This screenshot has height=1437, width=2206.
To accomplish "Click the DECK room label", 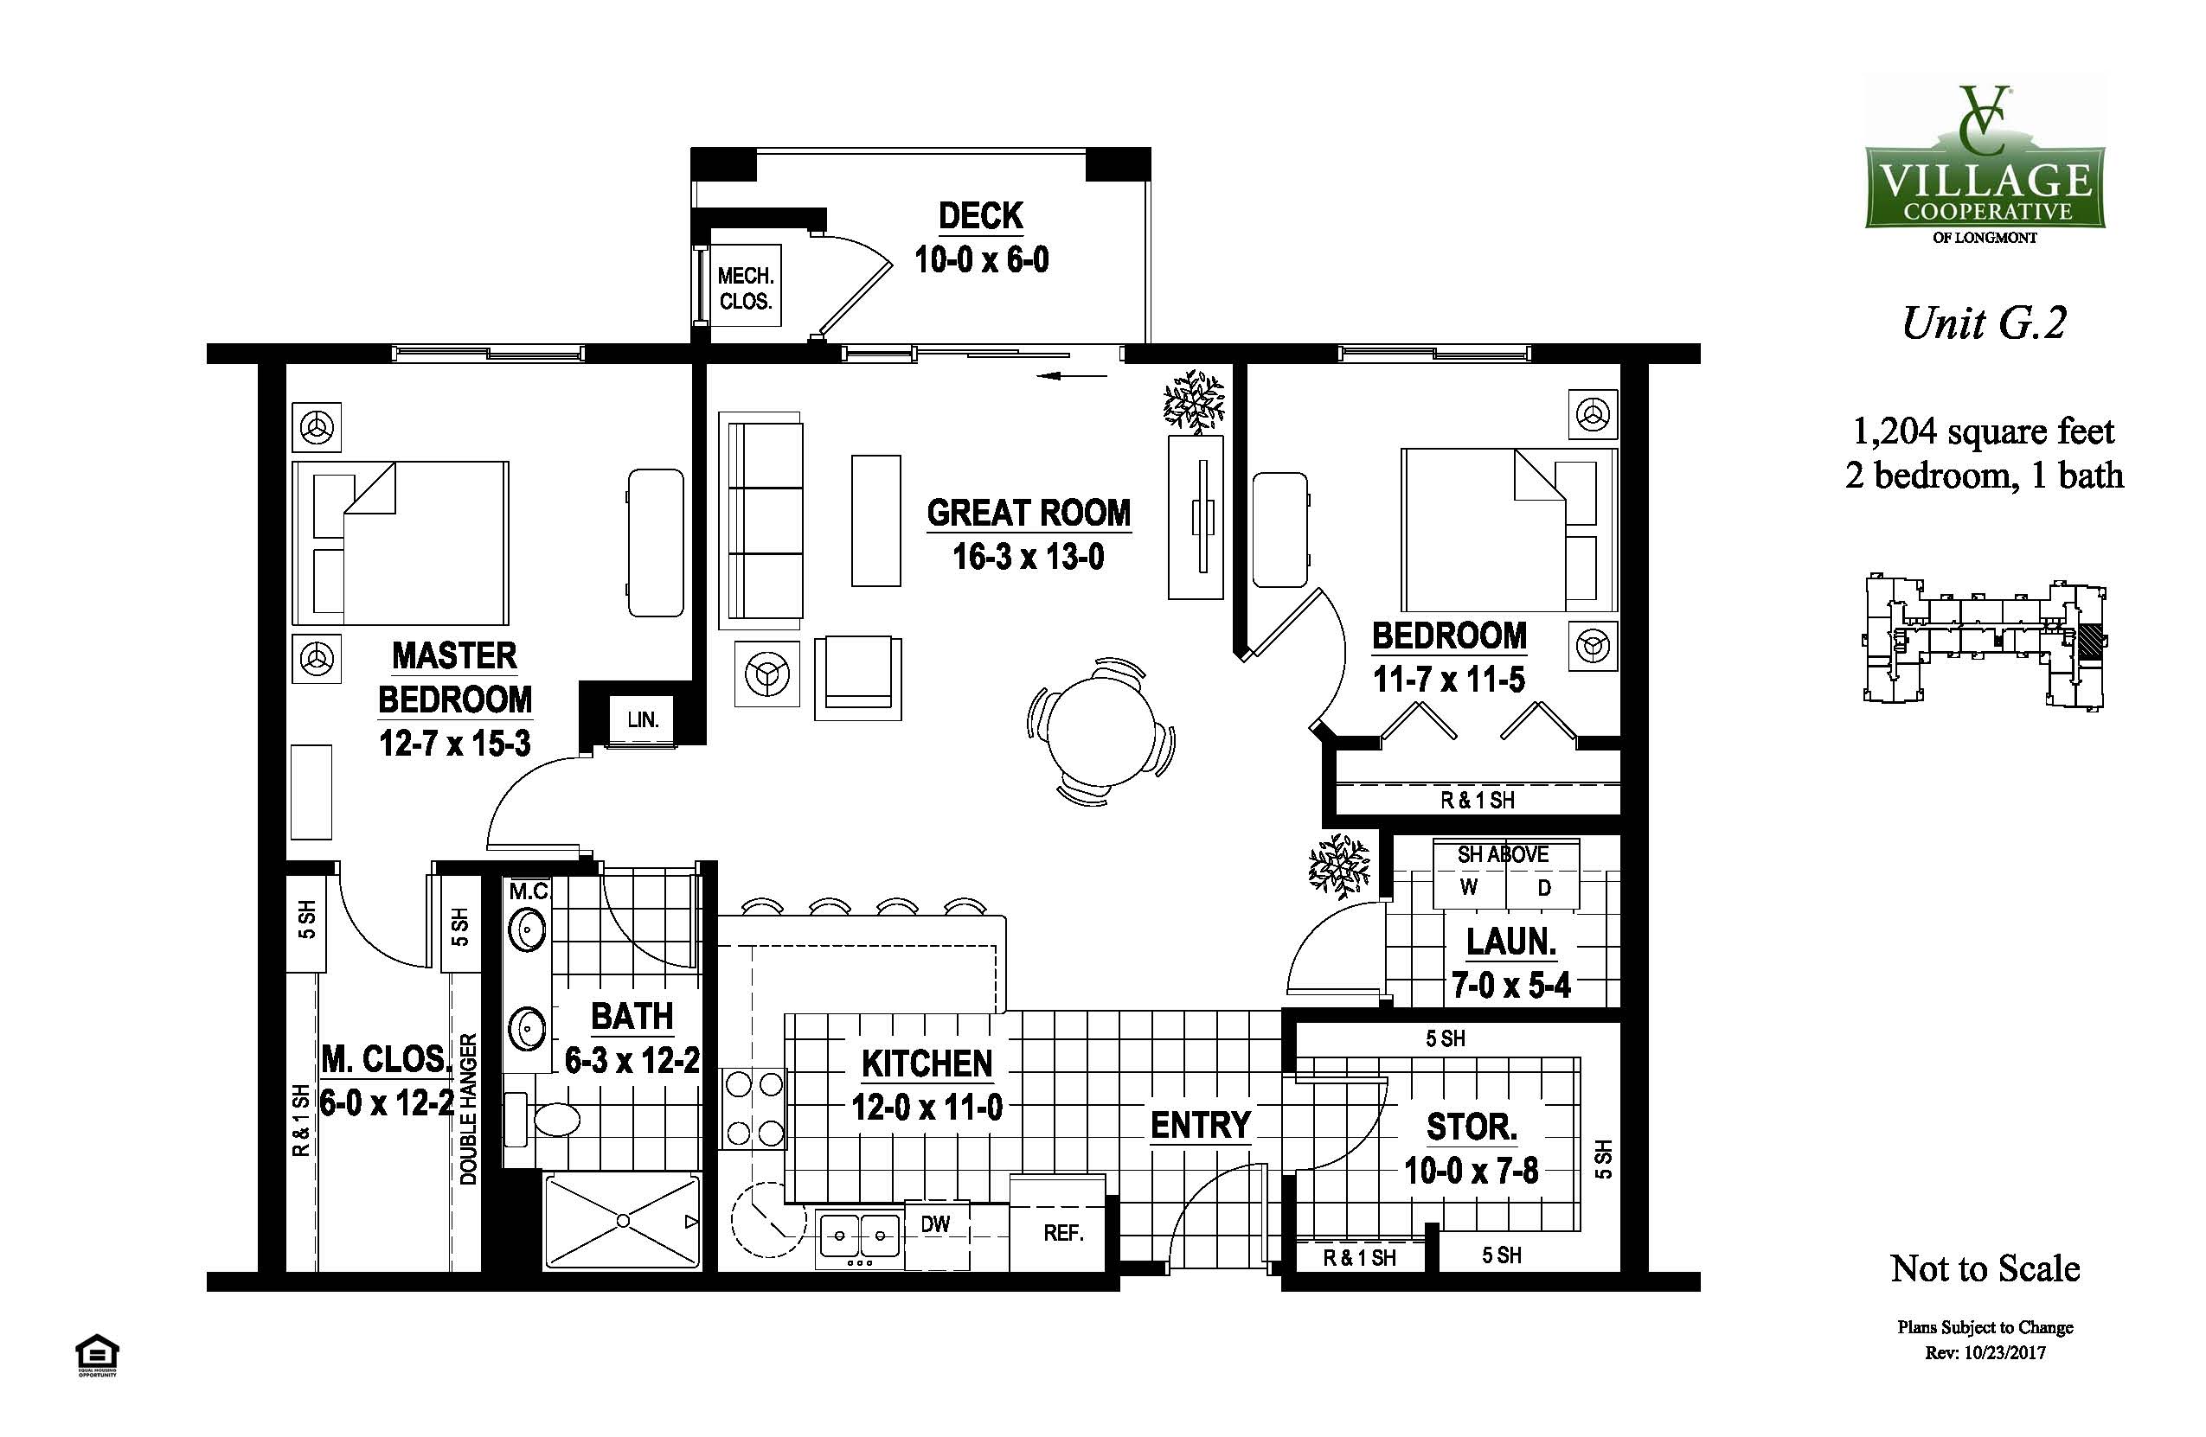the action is [x=981, y=216].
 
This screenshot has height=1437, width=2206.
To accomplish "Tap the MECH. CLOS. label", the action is [x=745, y=288].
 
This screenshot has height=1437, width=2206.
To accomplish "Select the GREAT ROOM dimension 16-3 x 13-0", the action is [x=1029, y=557].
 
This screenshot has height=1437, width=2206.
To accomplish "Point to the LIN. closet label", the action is [x=642, y=719].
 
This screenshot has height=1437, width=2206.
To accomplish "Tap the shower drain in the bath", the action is [x=623, y=1220].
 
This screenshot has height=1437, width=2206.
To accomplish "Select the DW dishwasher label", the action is [x=935, y=1224].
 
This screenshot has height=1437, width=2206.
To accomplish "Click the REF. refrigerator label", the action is [x=1063, y=1233].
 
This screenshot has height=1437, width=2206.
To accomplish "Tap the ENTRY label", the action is [x=1202, y=1125].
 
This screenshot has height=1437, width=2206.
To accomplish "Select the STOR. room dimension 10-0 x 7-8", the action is [x=1471, y=1171].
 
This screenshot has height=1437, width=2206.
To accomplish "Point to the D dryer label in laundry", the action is [x=1544, y=888].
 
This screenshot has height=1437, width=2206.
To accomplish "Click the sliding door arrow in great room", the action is [x=1073, y=376].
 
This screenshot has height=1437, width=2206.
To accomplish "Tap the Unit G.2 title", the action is [x=1985, y=323].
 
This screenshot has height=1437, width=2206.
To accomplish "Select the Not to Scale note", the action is [x=1985, y=1268].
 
